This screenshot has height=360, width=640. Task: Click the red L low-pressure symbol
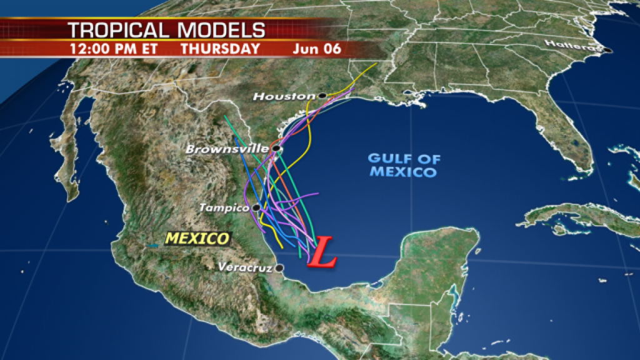tap(323, 252)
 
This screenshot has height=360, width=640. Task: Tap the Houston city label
tap(284, 96)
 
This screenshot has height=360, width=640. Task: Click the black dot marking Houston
tap(322, 96)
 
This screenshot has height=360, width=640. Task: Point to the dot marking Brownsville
tap(275, 149)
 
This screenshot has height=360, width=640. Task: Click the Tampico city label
tap(225, 207)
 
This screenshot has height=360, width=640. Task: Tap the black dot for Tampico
tap(256, 207)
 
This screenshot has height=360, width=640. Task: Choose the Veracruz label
tap(246, 267)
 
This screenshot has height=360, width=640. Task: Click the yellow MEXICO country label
tap(197, 238)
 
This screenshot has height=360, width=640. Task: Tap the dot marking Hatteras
tap(606, 50)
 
